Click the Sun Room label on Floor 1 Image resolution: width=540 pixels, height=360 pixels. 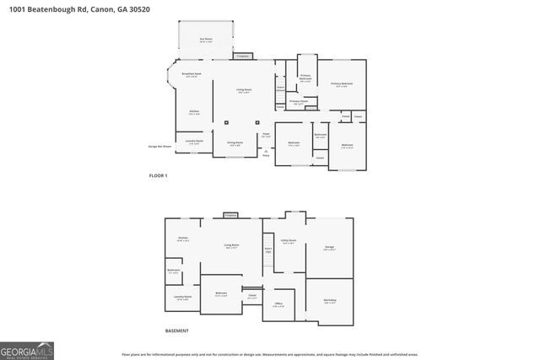(205, 39)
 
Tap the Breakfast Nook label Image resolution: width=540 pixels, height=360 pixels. (192, 75)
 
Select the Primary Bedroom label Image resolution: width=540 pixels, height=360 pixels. (341, 84)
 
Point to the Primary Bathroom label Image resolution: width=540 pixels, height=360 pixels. (305, 78)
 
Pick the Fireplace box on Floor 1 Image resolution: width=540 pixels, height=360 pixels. (243, 56)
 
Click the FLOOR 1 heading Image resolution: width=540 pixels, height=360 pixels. (159, 175)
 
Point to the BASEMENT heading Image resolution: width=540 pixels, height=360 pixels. (177, 330)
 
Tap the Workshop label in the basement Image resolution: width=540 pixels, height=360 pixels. (330, 302)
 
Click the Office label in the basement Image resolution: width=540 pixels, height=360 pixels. (278, 304)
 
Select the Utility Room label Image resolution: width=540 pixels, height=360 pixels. (288, 240)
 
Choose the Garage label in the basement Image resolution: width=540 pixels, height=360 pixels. (329, 247)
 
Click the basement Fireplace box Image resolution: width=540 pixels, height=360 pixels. (230, 217)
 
